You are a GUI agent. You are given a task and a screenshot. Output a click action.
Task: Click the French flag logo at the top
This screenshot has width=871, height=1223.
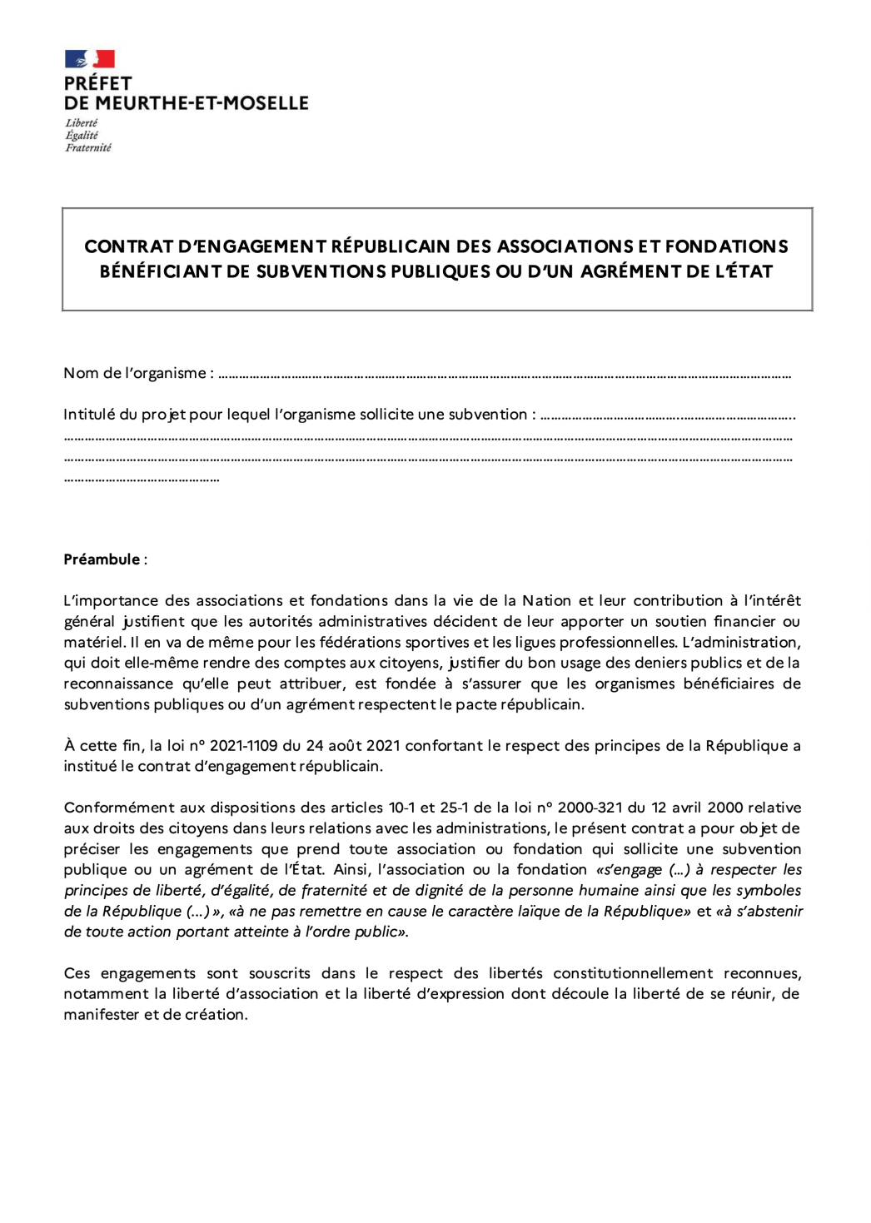pos(89,59)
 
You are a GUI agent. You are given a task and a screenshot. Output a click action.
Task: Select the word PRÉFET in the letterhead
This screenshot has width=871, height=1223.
pos(97,83)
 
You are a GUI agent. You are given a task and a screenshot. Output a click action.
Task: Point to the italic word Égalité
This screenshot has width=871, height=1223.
pos(82,135)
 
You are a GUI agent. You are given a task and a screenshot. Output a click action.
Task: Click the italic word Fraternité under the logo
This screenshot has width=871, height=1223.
pos(88,147)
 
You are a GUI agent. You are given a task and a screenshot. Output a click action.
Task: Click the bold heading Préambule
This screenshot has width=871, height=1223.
pos(102,559)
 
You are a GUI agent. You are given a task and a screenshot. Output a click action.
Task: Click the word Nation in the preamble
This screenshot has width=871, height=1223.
pos(546,600)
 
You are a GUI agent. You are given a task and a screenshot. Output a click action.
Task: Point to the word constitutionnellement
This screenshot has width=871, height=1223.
pos(633,973)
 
